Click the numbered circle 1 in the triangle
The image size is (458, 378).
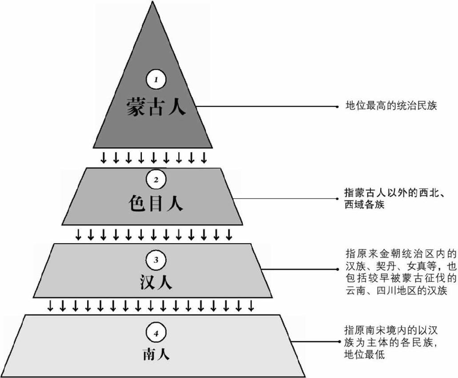[x=156, y=80]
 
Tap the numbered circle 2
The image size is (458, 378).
[x=156, y=180]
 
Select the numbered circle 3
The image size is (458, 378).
[x=156, y=260]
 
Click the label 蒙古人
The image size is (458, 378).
[x=155, y=106]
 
